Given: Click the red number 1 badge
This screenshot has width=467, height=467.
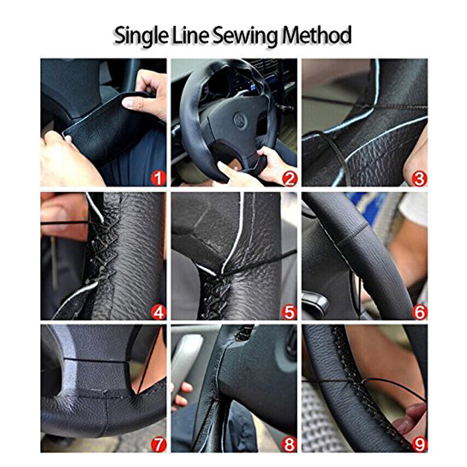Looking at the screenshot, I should (x=157, y=177).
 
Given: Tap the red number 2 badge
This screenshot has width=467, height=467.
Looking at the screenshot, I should (x=289, y=177).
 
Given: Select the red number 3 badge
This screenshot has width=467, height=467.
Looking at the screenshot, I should (x=419, y=177).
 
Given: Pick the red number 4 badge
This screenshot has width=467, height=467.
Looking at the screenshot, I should (x=157, y=311).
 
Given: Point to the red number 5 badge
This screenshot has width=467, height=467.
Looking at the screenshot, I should (x=289, y=311).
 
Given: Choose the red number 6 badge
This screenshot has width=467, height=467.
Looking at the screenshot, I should (x=419, y=311).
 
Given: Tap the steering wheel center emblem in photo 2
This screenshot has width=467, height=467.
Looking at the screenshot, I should (x=241, y=123).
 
